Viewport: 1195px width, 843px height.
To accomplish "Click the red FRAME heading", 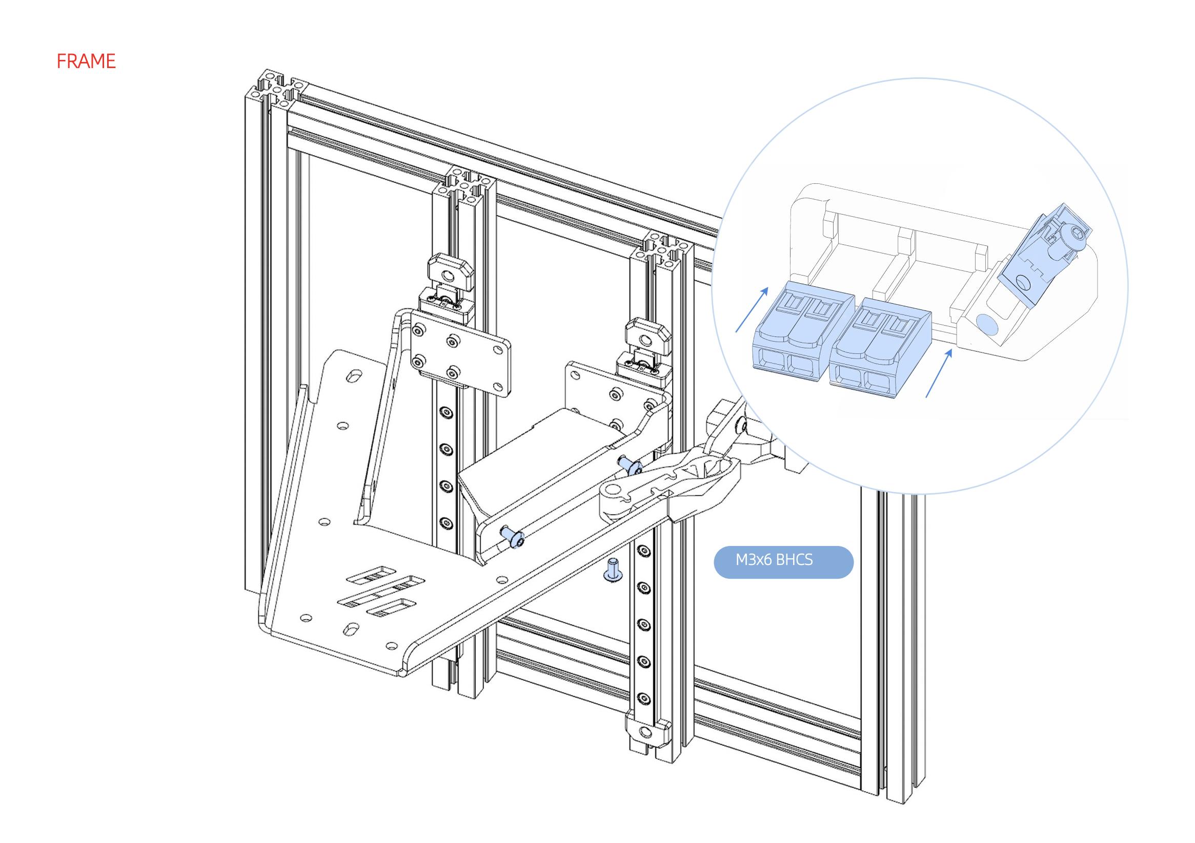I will coord(86,61).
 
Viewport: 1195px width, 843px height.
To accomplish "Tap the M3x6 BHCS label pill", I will coord(783,562).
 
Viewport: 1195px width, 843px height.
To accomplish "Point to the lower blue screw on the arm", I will coord(512,538).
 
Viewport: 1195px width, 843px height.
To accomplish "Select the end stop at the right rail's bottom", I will coord(645,732).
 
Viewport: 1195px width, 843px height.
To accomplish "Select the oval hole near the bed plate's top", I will coord(355,375).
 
